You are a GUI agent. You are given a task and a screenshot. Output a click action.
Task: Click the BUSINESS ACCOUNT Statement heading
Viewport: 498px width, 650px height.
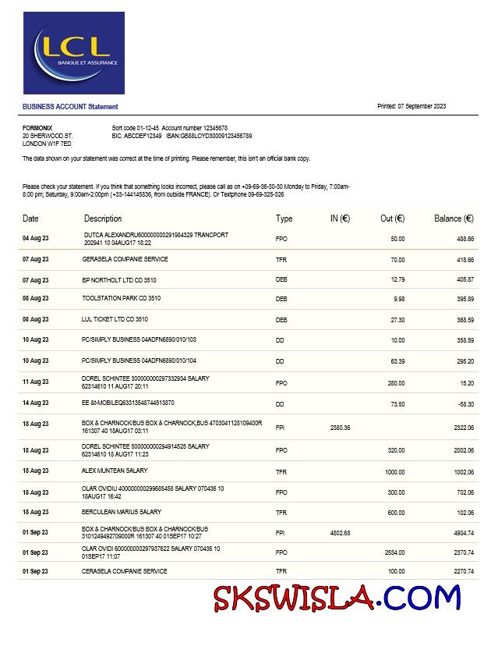pyautogui.click(x=70, y=107)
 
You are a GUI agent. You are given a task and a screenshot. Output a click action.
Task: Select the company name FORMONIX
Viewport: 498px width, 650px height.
pyautogui.click(x=37, y=127)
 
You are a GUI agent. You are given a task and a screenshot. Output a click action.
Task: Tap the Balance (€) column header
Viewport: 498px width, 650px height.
pyautogui.click(x=454, y=219)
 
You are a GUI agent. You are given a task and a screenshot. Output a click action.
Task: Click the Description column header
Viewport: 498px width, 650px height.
pyautogui.click(x=103, y=219)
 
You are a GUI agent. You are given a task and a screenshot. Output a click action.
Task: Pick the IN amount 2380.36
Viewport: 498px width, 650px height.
pyautogui.click(x=340, y=428)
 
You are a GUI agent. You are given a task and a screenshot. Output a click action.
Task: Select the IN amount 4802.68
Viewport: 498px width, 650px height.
pyautogui.click(x=340, y=533)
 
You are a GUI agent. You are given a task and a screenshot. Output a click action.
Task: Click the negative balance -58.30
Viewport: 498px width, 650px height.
pyautogui.click(x=464, y=403)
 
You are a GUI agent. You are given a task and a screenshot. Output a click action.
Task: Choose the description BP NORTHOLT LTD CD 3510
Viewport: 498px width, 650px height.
pyautogui.click(x=119, y=279)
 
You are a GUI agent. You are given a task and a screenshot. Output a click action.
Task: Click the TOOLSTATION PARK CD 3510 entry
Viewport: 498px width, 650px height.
pyautogui.click(x=122, y=298)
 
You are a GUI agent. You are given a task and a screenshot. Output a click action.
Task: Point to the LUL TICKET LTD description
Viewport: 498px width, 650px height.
pyautogui.click(x=115, y=319)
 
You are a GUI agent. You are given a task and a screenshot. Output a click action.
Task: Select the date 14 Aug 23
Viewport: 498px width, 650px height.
pyautogui.click(x=35, y=403)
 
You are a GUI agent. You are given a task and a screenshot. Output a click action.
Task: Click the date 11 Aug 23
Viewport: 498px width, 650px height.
pyautogui.click(x=35, y=382)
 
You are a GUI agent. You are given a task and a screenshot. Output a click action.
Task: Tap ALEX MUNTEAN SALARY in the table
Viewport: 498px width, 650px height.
pyautogui.click(x=115, y=471)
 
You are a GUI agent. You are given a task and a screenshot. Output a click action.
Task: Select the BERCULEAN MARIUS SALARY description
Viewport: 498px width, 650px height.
pyautogui.click(x=122, y=512)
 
